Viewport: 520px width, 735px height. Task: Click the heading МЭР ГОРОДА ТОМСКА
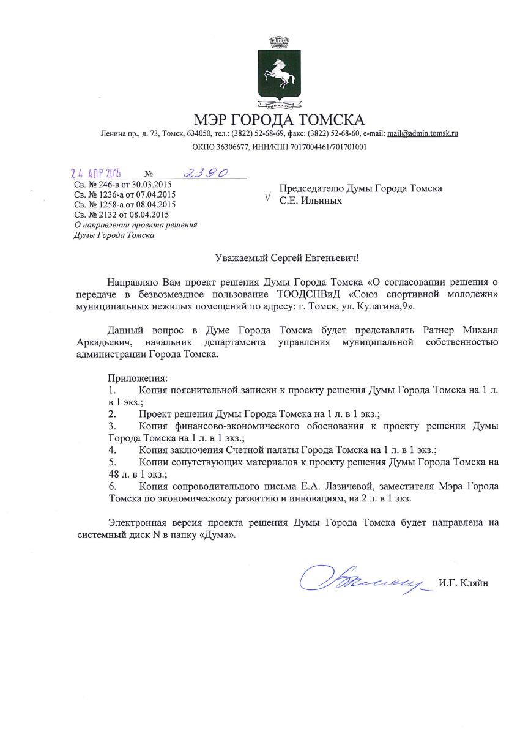(278, 119)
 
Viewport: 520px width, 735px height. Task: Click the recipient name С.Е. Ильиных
(311, 201)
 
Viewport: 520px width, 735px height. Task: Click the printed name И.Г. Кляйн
(464, 582)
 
